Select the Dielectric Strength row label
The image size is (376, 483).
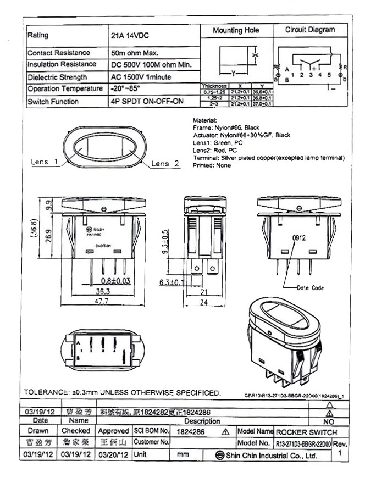coord(57,77)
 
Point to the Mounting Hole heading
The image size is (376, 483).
coord(236,31)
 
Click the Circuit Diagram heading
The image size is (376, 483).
coord(309,30)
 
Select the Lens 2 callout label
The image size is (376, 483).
coord(165,163)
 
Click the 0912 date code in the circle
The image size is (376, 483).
coord(299,238)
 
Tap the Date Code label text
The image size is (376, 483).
coord(311,287)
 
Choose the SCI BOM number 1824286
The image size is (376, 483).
coord(191,432)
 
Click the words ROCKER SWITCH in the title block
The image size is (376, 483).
coord(306,432)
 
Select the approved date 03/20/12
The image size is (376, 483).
coord(113,455)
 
